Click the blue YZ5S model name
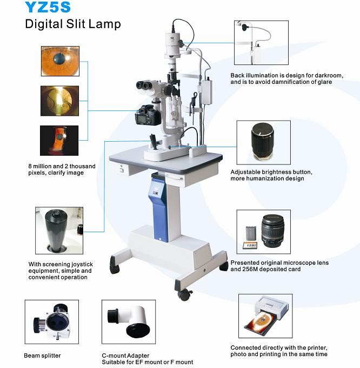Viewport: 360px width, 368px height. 48,7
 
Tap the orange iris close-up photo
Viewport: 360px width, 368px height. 60,61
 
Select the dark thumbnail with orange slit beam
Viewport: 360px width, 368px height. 59,141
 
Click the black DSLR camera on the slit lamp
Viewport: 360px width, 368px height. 147,115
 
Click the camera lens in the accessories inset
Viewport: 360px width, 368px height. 273,231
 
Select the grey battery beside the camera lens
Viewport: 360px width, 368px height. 251,233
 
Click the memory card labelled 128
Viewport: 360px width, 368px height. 250,245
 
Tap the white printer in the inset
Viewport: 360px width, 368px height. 271,306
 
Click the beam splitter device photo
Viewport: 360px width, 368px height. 52,321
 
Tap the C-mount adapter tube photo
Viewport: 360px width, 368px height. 129,321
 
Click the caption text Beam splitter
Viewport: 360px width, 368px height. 42,356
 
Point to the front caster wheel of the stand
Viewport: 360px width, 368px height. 184,295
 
